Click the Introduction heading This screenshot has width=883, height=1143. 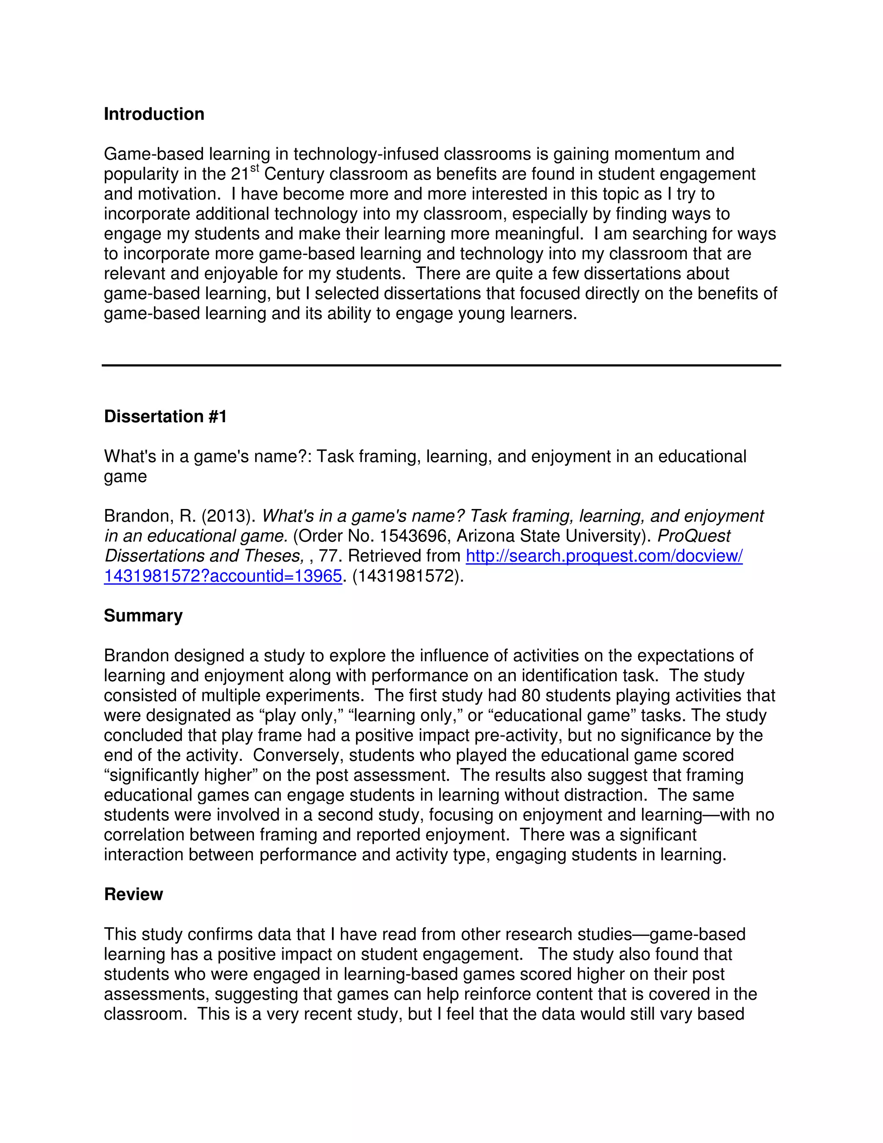click(x=154, y=114)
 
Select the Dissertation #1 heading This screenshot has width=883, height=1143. click(x=165, y=417)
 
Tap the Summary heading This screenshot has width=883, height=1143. click(x=143, y=616)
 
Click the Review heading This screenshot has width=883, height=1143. click(x=133, y=895)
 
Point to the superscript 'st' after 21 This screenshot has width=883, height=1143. click(x=255, y=168)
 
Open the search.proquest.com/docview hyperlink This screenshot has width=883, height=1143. click(x=604, y=556)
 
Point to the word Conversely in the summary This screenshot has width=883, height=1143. click(x=297, y=756)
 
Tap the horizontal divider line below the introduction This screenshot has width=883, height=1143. click(x=441, y=365)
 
